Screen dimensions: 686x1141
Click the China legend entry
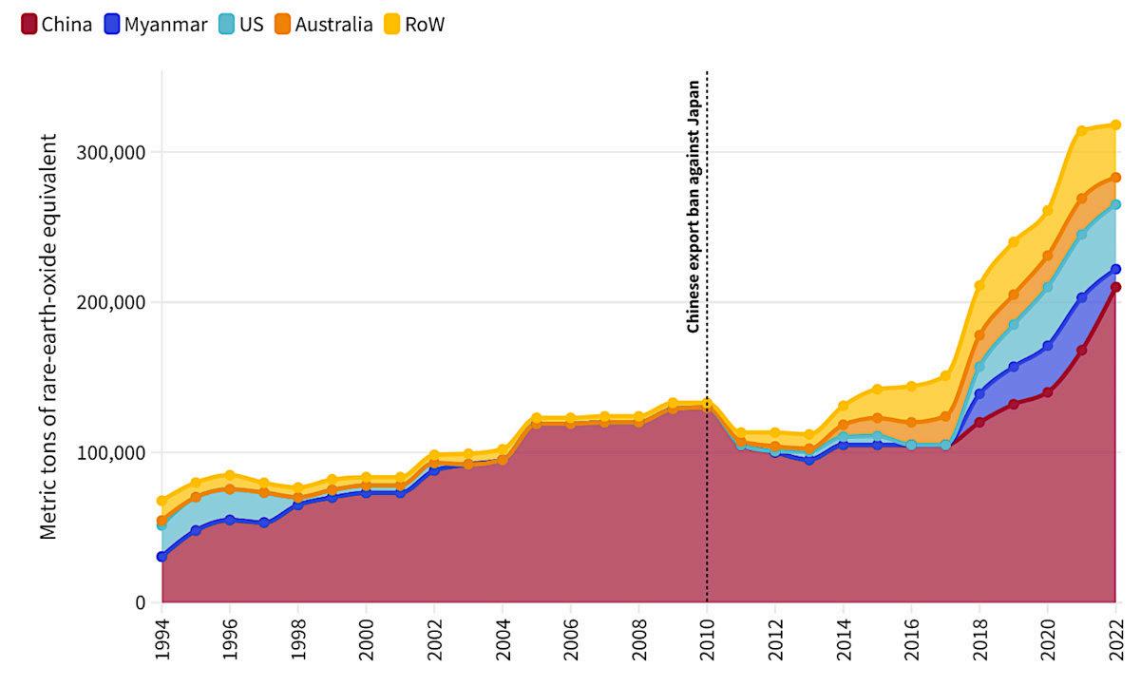click(x=56, y=25)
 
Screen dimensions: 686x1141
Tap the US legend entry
click(x=240, y=25)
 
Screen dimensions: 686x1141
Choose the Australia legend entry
click(x=323, y=25)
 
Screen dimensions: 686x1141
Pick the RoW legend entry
click(x=413, y=25)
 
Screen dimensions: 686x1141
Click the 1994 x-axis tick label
click(x=162, y=642)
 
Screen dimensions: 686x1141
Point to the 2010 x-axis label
click(x=707, y=642)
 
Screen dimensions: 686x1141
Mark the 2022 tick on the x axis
click(x=1116, y=642)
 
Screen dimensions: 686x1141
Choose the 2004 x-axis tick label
click(x=503, y=642)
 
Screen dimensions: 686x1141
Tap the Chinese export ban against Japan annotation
click(x=694, y=203)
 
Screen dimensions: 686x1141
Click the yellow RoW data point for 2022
click(x=1116, y=124)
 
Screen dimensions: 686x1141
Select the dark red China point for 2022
click(x=1116, y=287)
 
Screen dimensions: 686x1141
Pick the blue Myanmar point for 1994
click(x=162, y=557)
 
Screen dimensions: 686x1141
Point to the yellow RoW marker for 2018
click(x=979, y=285)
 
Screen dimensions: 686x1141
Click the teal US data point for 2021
click(x=1081, y=235)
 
